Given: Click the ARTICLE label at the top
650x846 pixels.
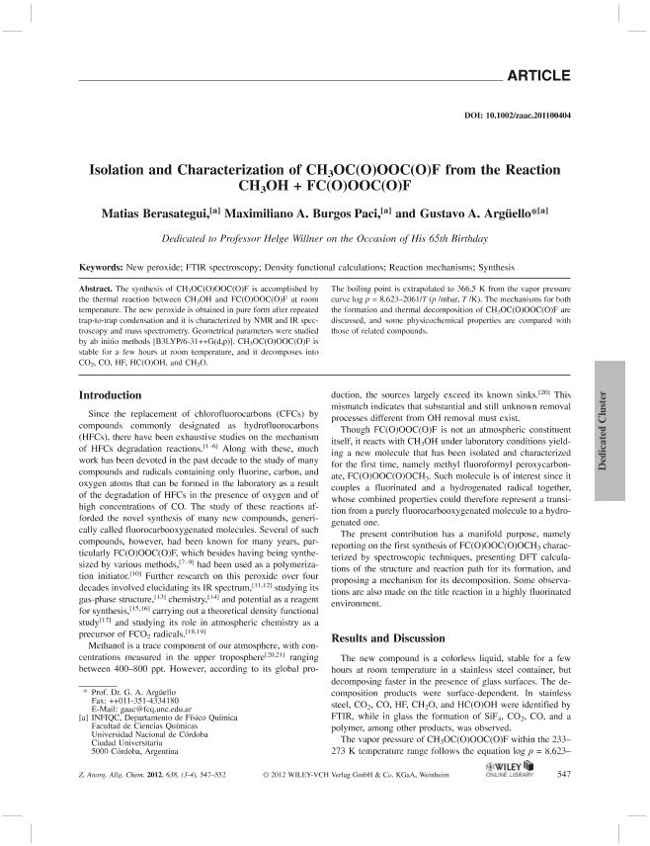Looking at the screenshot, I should pyautogui.click(x=539, y=75).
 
